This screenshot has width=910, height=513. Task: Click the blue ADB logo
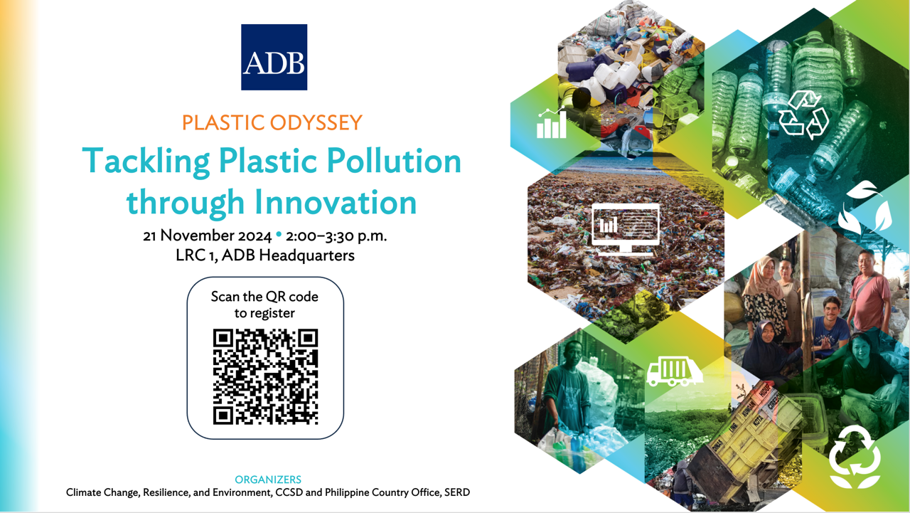(x=274, y=57)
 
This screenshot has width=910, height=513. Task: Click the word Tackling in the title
(x=146, y=162)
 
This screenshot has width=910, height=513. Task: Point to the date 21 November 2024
(x=207, y=236)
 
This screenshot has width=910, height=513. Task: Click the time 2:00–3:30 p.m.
(x=336, y=236)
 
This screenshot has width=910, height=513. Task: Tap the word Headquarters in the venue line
(x=306, y=255)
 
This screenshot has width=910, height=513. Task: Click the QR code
(x=265, y=377)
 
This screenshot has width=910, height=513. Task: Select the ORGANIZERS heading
(x=268, y=480)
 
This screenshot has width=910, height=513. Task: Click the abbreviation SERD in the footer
(x=457, y=492)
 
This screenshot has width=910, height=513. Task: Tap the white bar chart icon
(x=551, y=123)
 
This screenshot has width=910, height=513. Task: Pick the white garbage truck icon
(x=675, y=371)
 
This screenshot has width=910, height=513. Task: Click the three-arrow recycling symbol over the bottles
(x=804, y=115)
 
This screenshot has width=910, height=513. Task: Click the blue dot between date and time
(x=279, y=234)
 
